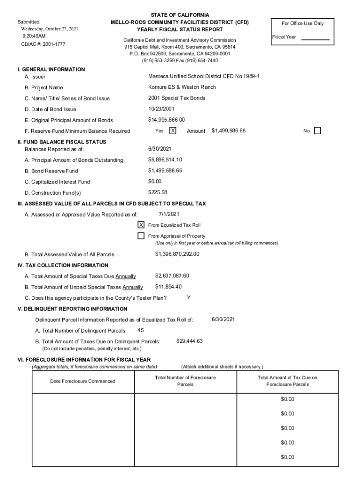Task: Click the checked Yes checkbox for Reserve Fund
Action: pos(173,131)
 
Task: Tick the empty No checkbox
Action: pos(317,131)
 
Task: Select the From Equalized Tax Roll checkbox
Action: pos(141,225)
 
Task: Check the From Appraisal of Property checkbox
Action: pos(141,236)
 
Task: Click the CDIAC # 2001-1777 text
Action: pos(43,44)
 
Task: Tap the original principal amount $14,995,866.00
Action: pos(166,120)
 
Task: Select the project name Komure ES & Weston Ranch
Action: pos(182,87)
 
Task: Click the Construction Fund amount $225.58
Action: pos(158,192)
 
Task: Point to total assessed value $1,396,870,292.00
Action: pos(177,254)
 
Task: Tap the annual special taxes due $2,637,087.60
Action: pos(172,276)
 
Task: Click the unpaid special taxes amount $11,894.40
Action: pos(168,287)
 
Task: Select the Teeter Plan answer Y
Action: pos(188,298)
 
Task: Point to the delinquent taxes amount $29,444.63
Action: pos(189,341)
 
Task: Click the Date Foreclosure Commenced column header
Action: pos(83,381)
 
